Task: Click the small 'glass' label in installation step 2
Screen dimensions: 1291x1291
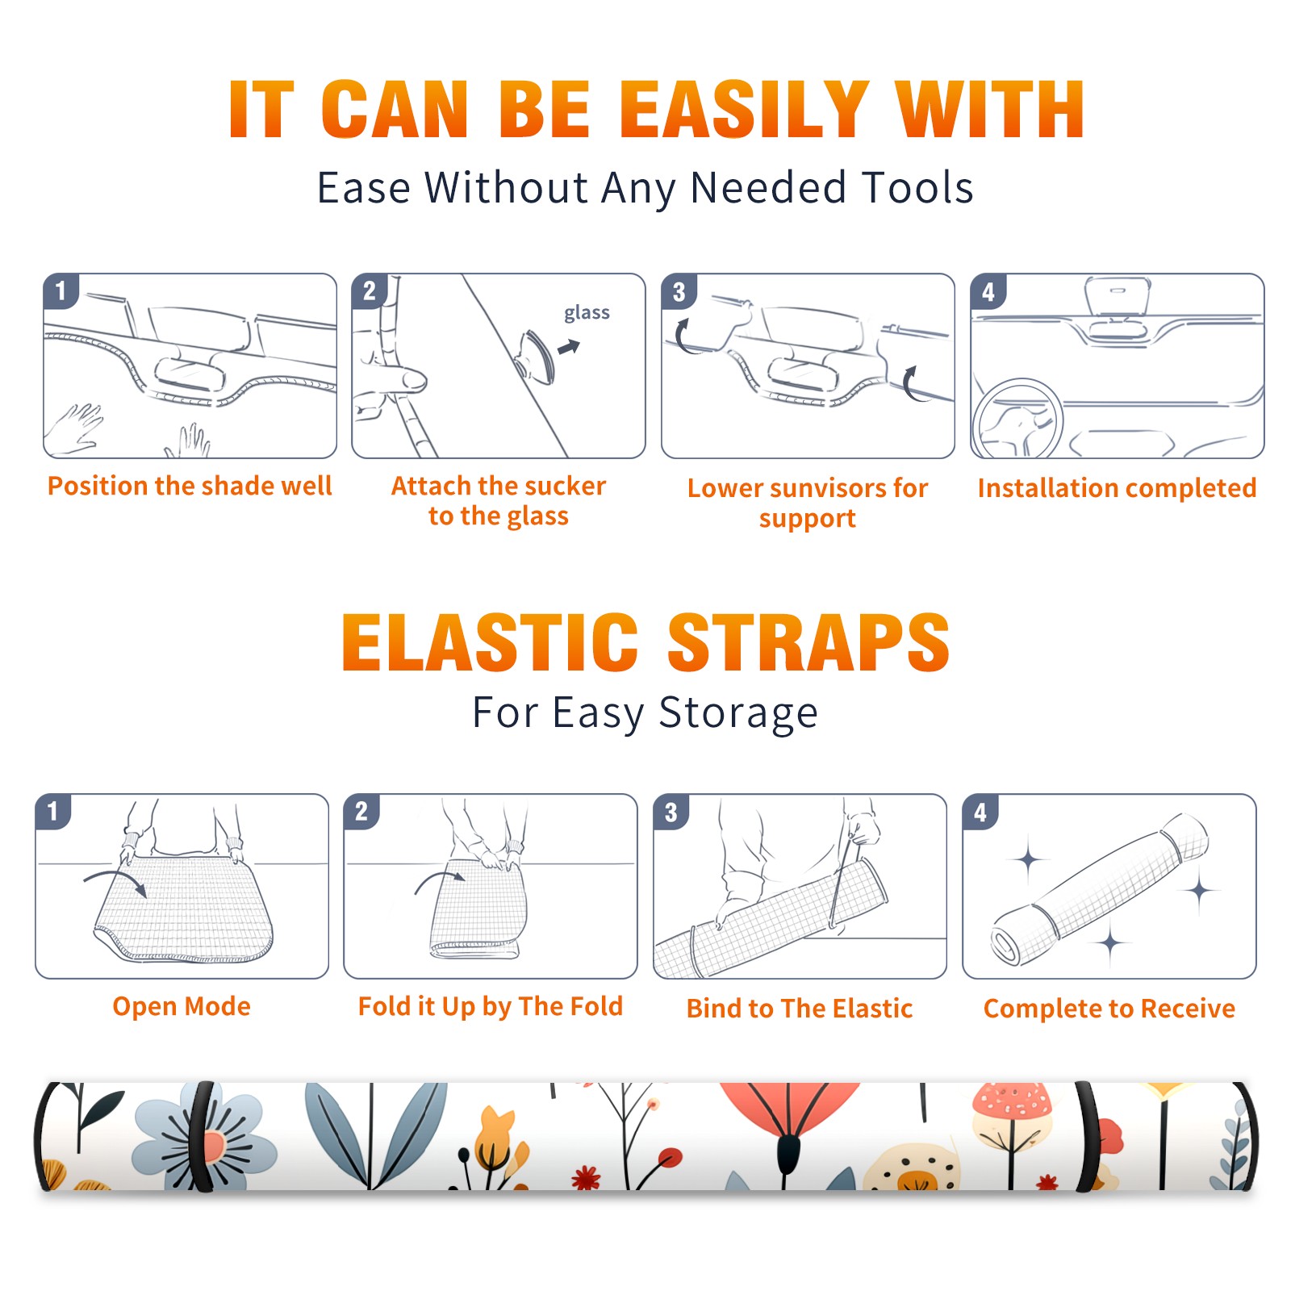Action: tap(587, 313)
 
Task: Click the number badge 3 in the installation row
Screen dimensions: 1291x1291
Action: tap(679, 291)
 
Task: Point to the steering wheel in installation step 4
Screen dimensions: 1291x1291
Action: tap(1017, 419)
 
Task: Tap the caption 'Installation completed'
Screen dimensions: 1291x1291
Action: tap(1117, 487)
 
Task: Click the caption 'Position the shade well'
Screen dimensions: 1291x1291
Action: tap(190, 486)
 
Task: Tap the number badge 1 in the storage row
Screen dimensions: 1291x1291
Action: tap(53, 811)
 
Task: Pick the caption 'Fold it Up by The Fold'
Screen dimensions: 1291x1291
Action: tap(491, 1006)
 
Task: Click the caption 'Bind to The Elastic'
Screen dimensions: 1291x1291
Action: tap(800, 1008)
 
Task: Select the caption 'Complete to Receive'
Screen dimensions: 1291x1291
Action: tap(1109, 1008)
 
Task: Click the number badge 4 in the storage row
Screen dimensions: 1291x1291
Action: tap(980, 812)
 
